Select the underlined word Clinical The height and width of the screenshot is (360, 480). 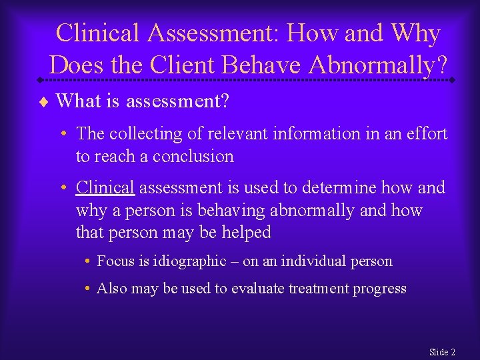(105, 188)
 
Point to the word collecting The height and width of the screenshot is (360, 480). (145, 133)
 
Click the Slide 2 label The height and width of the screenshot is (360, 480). (442, 351)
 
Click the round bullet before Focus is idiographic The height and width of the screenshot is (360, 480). (88, 261)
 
